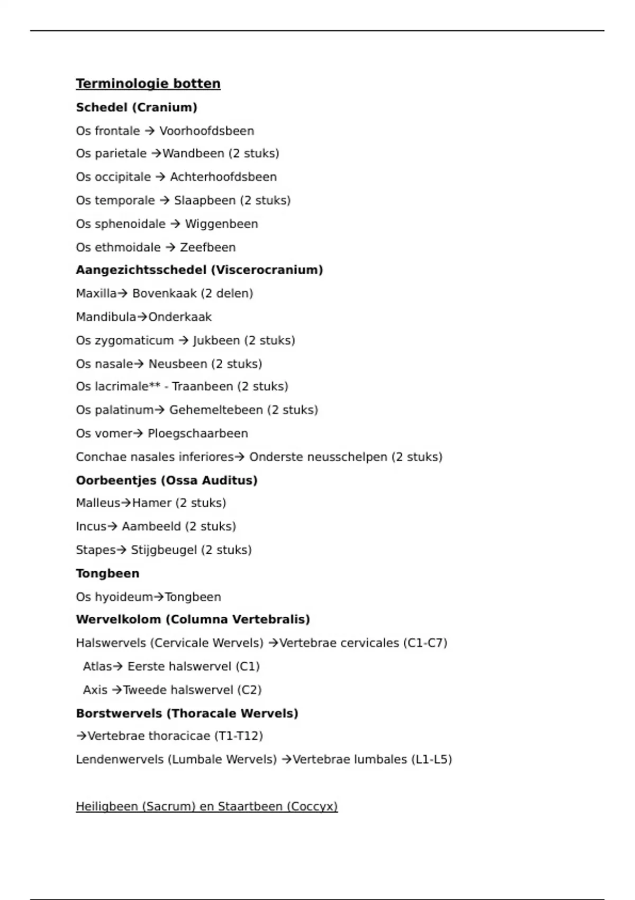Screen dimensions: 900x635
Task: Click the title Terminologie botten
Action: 148,84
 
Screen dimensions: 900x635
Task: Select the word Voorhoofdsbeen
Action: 207,131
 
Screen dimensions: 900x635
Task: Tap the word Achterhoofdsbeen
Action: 223,177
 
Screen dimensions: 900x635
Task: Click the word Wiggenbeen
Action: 221,224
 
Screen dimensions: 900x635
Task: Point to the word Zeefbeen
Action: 208,247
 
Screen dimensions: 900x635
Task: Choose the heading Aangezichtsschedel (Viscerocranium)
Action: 199,270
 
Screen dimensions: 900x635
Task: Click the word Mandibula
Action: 106,317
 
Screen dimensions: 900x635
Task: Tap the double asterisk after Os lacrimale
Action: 155,386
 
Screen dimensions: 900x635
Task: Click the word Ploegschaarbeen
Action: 198,434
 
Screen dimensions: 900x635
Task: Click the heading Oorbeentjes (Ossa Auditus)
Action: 167,480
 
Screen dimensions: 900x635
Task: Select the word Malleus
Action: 98,503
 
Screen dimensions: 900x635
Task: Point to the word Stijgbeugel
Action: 164,550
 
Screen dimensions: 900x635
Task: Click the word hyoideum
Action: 123,597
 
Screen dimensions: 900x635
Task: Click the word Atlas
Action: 97,667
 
